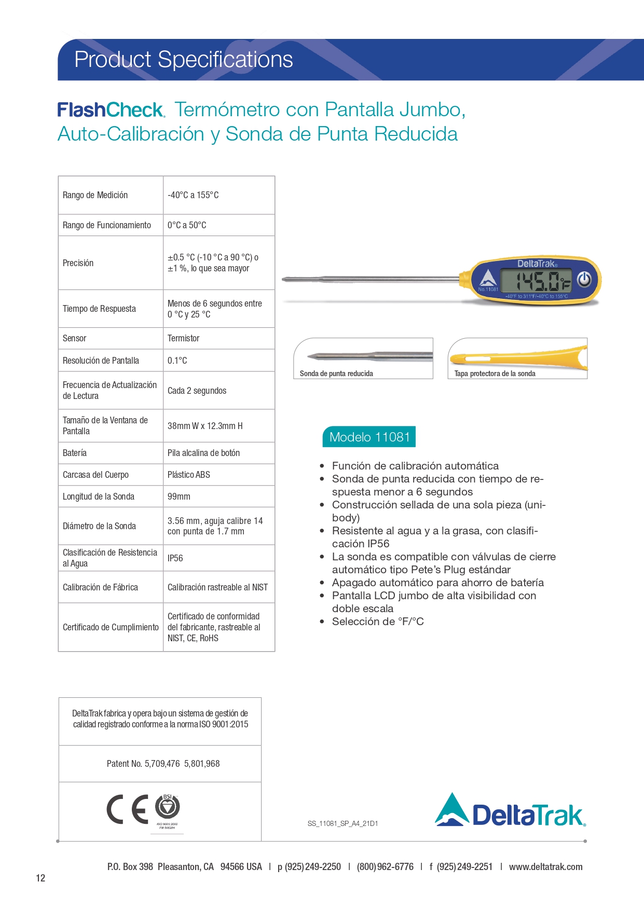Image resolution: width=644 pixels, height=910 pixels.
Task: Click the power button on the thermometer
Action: click(x=584, y=280)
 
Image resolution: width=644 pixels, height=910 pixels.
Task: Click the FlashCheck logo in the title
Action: click(x=111, y=110)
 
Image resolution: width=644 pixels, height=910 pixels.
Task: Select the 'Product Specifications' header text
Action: click(x=184, y=60)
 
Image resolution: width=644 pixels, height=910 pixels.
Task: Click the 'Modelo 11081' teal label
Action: click(x=369, y=437)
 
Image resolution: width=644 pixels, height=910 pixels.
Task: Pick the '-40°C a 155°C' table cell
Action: click(x=193, y=195)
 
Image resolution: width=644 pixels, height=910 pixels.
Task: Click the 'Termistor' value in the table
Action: click(x=183, y=338)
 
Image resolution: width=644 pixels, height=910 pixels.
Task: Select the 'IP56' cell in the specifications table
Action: click(x=175, y=558)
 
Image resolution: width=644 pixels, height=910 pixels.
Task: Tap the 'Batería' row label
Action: click(x=75, y=453)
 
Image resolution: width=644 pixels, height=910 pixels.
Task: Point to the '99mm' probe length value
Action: click(x=179, y=497)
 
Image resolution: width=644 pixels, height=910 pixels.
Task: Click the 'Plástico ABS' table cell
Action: click(x=189, y=475)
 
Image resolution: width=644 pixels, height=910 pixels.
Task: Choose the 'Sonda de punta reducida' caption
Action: click(x=336, y=374)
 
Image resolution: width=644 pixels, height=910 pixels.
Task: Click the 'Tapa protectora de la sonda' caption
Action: click(x=495, y=374)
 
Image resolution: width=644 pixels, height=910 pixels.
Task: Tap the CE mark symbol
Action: click(x=127, y=809)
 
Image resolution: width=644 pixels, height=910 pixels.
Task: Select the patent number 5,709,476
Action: click(x=162, y=764)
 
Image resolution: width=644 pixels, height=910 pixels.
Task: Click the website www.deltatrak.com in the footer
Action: click(x=545, y=867)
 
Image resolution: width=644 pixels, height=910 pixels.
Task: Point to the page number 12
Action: click(x=40, y=878)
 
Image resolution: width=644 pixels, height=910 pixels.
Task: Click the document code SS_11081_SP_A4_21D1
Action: click(x=342, y=823)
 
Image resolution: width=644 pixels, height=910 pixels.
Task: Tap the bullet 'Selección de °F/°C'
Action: click(x=378, y=622)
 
